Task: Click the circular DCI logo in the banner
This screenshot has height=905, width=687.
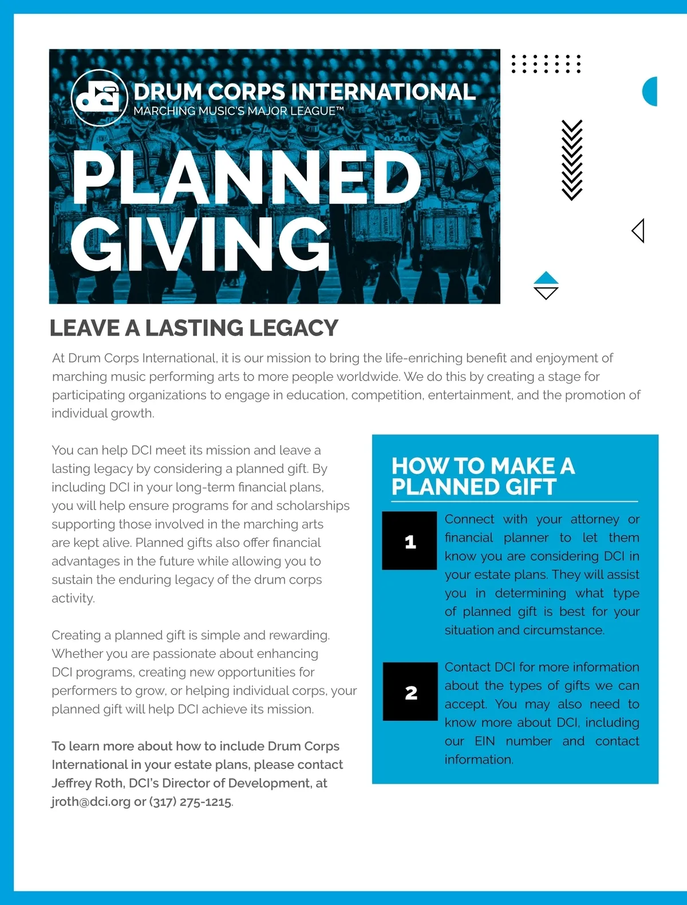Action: (x=99, y=97)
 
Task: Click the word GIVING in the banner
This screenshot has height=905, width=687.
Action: (x=200, y=244)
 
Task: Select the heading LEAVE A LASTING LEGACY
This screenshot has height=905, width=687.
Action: (x=194, y=328)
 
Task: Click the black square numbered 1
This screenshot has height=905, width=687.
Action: (x=410, y=541)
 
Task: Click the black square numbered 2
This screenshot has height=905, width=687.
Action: (x=410, y=692)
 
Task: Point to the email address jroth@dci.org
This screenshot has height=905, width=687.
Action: (x=91, y=801)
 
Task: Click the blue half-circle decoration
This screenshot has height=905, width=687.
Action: (x=650, y=91)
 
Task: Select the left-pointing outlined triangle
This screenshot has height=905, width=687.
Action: (x=638, y=231)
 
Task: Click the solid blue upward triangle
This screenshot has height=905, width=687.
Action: (x=546, y=278)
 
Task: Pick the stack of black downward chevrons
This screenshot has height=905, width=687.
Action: (x=571, y=160)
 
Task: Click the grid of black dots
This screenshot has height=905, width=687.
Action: (x=546, y=64)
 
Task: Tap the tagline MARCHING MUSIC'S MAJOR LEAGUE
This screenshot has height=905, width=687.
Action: (x=238, y=111)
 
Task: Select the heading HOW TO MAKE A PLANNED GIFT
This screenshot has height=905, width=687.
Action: (x=483, y=476)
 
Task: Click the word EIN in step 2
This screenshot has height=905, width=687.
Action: (x=484, y=741)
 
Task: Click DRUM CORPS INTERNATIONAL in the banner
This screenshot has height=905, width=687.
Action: (x=304, y=92)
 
